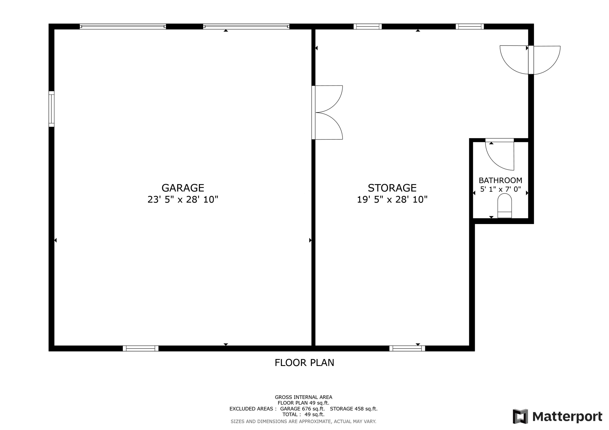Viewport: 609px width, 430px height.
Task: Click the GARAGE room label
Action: [183, 188]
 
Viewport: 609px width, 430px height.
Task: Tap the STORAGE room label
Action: [392, 188]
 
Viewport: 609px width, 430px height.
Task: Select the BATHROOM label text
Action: [500, 180]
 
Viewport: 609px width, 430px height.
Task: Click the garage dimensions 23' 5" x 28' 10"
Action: [183, 199]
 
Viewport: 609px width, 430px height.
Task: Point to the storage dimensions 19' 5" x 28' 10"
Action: [392, 199]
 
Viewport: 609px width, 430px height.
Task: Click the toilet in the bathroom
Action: [504, 206]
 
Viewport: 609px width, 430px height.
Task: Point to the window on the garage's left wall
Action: [51, 109]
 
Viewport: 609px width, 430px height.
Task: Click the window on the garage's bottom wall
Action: [141, 348]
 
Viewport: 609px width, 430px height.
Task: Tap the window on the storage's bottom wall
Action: [407, 348]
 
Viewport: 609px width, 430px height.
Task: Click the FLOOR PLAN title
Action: [304, 363]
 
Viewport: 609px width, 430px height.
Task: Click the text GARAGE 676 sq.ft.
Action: [302, 409]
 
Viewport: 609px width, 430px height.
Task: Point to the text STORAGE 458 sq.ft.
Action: [354, 409]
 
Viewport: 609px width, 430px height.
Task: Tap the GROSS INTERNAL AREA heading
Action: [303, 397]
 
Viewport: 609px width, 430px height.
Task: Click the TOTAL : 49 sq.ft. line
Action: [303, 415]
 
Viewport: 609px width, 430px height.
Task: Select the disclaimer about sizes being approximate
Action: [303, 421]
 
